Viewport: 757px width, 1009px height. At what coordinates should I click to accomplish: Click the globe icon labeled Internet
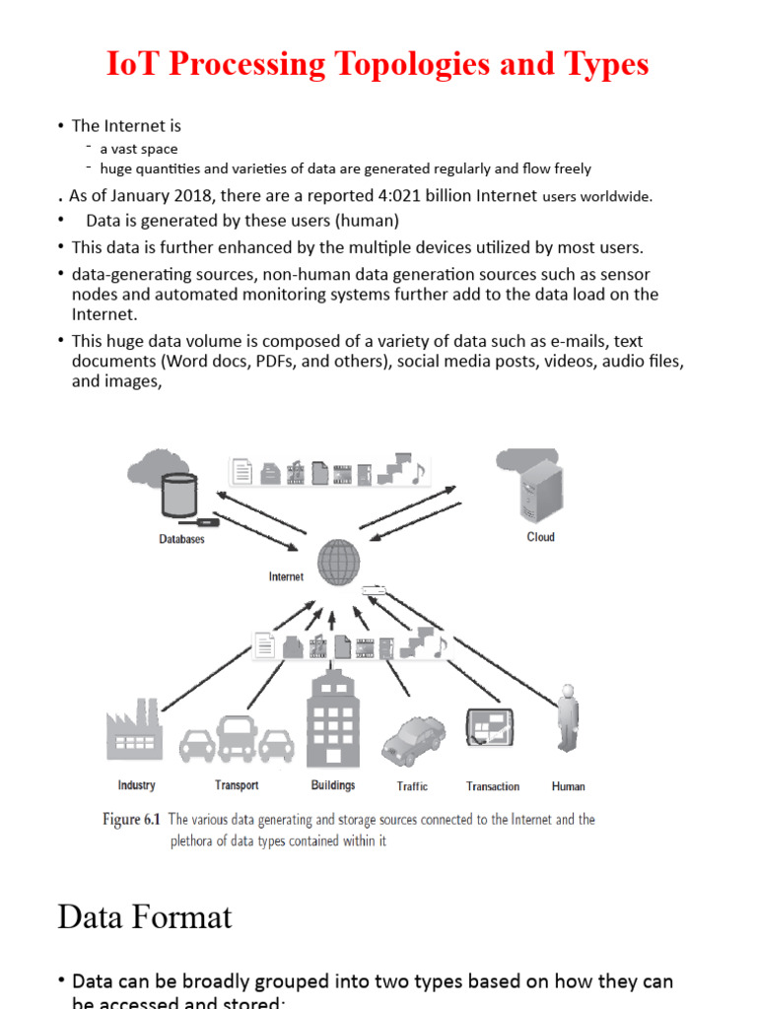tap(336, 563)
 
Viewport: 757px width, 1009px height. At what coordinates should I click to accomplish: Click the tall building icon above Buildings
tap(332, 719)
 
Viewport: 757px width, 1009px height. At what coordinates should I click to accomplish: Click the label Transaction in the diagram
tap(493, 786)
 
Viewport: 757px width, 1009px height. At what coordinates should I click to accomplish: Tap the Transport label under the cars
tap(237, 785)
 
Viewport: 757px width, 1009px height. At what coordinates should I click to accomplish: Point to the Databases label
tap(182, 540)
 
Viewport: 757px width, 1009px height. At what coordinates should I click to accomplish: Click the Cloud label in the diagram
tap(541, 537)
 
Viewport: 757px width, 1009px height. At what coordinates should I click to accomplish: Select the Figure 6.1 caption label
tap(134, 820)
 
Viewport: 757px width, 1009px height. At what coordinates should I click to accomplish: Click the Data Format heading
tap(145, 917)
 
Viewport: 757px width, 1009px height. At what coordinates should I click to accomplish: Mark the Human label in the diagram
tap(569, 786)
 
